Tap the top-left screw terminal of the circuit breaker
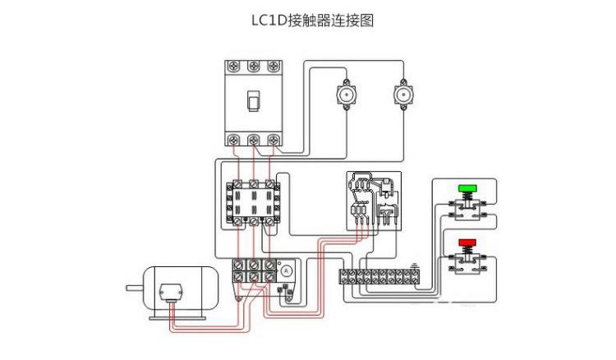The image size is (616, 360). (235, 66)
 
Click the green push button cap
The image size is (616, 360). (467, 188)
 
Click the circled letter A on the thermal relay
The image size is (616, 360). (286, 270)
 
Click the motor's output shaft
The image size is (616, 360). (134, 288)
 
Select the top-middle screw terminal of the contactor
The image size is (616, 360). (254, 183)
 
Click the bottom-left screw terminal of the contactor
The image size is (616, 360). (238, 220)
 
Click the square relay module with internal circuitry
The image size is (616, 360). (372, 202)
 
